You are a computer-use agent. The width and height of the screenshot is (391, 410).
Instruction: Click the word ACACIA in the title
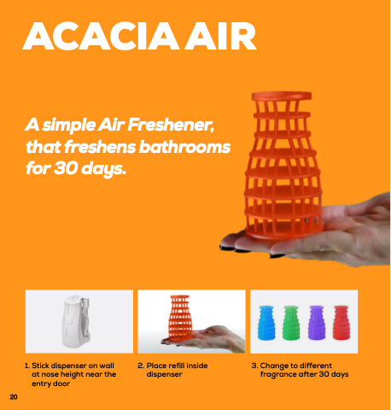click(x=101, y=36)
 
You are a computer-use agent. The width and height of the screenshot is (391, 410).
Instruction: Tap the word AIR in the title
click(x=221, y=36)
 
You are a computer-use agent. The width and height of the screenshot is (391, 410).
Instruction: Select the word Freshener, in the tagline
click(x=171, y=125)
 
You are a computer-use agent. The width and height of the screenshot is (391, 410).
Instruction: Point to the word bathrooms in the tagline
click(x=184, y=147)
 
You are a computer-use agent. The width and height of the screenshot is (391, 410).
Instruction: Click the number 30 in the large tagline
click(x=66, y=168)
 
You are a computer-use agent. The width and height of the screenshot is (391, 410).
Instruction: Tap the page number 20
click(x=14, y=397)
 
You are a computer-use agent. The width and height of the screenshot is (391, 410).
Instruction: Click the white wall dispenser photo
click(x=76, y=321)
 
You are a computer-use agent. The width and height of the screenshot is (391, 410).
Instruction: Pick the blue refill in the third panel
click(x=266, y=323)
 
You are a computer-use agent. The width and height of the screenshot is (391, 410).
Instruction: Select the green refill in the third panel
click(x=291, y=323)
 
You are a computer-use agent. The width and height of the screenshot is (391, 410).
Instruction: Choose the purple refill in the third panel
click(x=317, y=323)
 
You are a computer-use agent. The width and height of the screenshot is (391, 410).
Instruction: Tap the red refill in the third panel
click(x=341, y=323)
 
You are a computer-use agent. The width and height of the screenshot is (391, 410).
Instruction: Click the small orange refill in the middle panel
click(x=180, y=318)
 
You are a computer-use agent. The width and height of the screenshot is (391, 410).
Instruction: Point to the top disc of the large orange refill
click(x=282, y=96)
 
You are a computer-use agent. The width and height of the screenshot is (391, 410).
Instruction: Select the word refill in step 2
click(x=177, y=366)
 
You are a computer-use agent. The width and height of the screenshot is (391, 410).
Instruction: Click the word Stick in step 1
click(x=40, y=366)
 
